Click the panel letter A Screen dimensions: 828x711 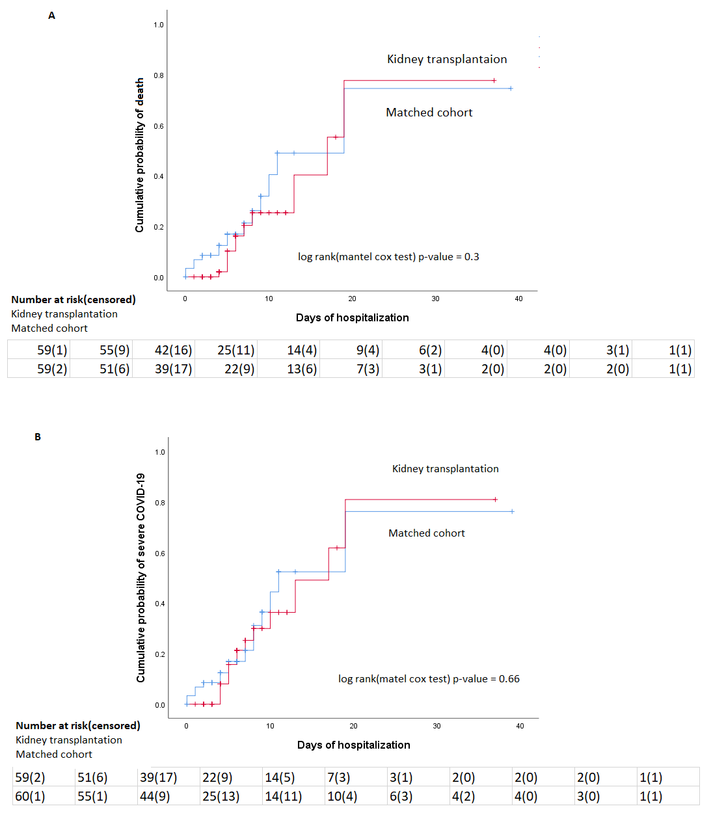click(x=52, y=16)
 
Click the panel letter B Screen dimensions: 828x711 click(x=38, y=437)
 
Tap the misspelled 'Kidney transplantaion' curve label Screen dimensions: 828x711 click(x=447, y=59)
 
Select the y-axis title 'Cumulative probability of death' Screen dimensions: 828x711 click(x=139, y=155)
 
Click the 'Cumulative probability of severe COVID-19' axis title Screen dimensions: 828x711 click(x=141, y=578)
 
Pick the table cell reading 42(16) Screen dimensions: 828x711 click(x=173, y=350)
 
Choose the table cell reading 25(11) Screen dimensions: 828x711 click(x=235, y=350)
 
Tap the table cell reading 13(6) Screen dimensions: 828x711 click(x=302, y=369)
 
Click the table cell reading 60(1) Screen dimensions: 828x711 click(x=30, y=796)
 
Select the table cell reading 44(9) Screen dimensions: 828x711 click(x=155, y=796)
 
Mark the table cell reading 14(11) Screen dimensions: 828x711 click(x=283, y=796)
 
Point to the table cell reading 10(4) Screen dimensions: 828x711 click(x=342, y=796)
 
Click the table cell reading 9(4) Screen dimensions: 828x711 click(x=368, y=350)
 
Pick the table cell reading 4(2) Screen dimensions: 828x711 click(x=463, y=796)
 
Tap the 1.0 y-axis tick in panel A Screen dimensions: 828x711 click(x=159, y=25)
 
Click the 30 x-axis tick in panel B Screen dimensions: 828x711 click(x=436, y=726)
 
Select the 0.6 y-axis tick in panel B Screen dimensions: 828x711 click(x=160, y=554)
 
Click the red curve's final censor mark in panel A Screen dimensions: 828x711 click(x=494, y=81)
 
